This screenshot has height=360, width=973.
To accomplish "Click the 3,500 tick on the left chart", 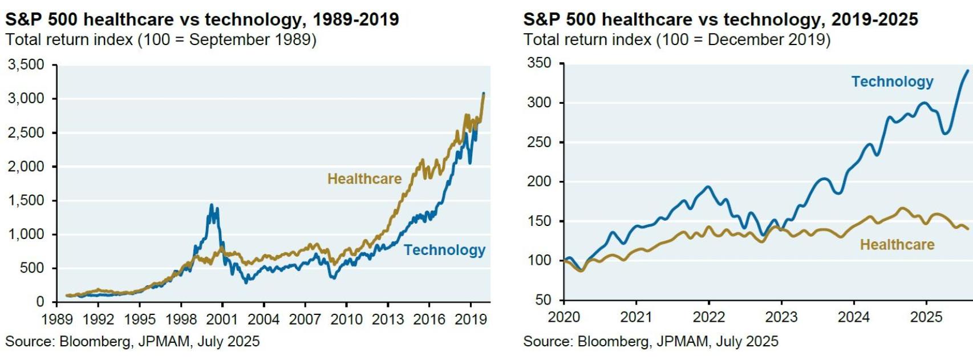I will pyautogui.click(x=26, y=64).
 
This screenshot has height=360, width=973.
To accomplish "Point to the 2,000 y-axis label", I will pyautogui.click(x=26, y=167).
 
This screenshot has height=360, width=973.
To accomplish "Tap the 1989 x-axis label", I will pyautogui.click(x=57, y=319).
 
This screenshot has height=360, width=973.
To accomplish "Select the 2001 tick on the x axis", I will pyautogui.click(x=222, y=319).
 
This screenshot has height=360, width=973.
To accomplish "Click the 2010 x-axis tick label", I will pyautogui.click(x=346, y=319).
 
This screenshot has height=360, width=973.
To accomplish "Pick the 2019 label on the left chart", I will pyautogui.click(x=470, y=319).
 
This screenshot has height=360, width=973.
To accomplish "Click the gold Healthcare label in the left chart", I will pyautogui.click(x=364, y=179).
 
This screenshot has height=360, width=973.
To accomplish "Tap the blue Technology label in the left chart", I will pyautogui.click(x=444, y=250).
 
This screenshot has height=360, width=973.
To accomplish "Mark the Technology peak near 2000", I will pyautogui.click(x=211, y=205).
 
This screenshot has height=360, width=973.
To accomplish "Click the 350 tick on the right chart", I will pyautogui.click(x=540, y=63).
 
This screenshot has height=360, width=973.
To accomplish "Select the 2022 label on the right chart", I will pyautogui.click(x=708, y=317).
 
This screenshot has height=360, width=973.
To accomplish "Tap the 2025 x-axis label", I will pyautogui.click(x=926, y=317).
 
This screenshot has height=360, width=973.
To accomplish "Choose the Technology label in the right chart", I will pyautogui.click(x=892, y=82).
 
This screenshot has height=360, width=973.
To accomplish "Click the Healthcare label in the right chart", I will pyautogui.click(x=897, y=245).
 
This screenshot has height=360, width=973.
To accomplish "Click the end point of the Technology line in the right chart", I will pyautogui.click(x=967, y=71).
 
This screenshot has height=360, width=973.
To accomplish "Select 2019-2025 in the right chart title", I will pyautogui.click(x=874, y=19).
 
